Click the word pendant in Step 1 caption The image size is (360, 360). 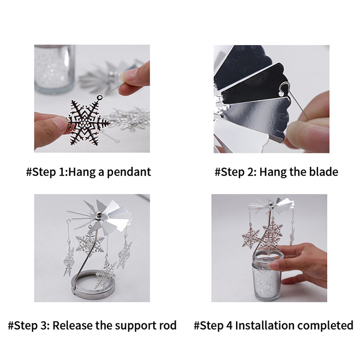(x=129, y=172)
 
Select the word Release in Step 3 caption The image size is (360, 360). (x=72, y=325)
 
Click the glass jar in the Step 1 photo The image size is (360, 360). (x=54, y=69)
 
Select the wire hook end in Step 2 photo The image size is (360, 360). (x=284, y=88)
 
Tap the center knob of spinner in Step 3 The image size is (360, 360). (x=99, y=215)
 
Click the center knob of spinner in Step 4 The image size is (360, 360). (x=271, y=204)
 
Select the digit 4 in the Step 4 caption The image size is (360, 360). (x=230, y=325)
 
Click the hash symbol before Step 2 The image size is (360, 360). (x=217, y=172)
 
